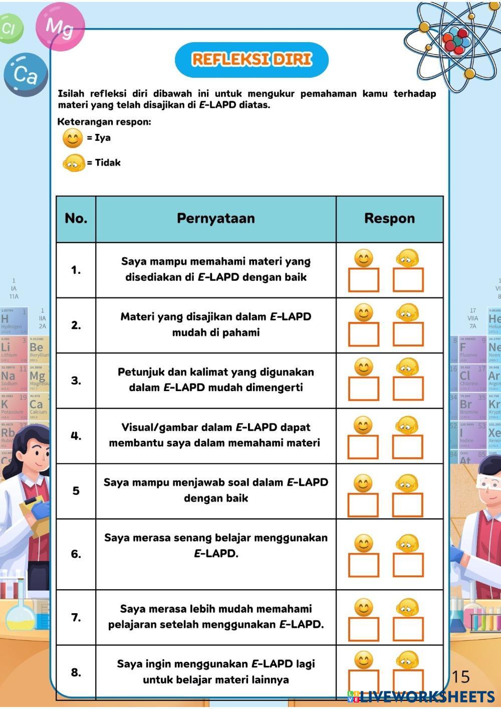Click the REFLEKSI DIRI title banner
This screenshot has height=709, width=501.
click(252, 60)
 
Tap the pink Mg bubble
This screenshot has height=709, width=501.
click(60, 26)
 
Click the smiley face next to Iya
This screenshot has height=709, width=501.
click(73, 138)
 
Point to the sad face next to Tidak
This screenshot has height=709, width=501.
click(73, 163)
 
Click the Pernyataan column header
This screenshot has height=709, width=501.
click(215, 219)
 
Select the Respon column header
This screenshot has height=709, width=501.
click(389, 219)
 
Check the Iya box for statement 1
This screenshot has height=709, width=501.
click(364, 280)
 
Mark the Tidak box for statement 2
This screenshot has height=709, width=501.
click(408, 334)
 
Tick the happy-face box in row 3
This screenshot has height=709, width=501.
click(364, 389)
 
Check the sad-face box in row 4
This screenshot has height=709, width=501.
click(407, 446)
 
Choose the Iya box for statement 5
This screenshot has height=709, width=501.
click(363, 504)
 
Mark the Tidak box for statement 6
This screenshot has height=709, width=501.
click(408, 565)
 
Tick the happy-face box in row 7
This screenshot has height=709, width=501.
click(364, 629)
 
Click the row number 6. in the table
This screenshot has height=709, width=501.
click(76, 554)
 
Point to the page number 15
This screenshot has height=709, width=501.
click(460, 677)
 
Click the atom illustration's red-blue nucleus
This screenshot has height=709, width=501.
click(456, 39)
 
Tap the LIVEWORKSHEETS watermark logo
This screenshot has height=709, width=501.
click(421, 696)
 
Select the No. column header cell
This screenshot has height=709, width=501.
click(76, 219)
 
